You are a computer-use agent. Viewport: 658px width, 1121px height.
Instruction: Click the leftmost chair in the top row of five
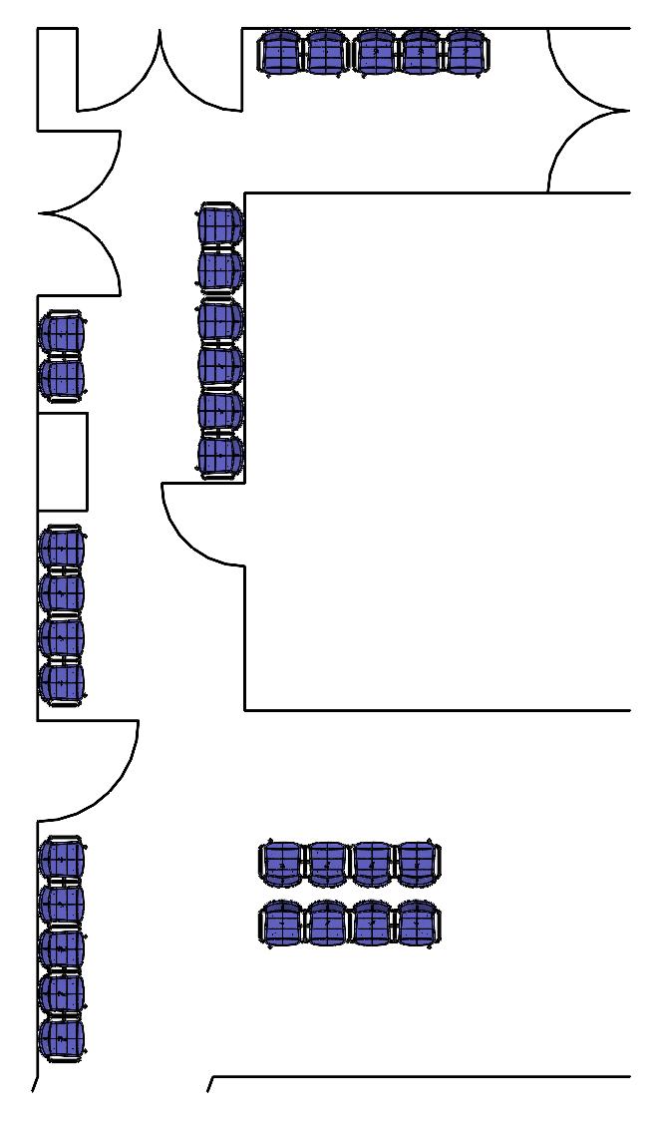pos(279,52)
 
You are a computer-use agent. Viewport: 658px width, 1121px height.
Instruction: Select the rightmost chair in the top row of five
pos(466,52)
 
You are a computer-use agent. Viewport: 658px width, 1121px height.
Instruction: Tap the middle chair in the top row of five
pos(375,52)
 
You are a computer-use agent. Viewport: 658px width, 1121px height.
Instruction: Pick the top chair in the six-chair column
pos(220,224)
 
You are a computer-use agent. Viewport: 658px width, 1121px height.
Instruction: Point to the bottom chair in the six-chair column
pos(220,456)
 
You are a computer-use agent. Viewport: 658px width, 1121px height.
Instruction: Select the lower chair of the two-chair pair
pos(62,377)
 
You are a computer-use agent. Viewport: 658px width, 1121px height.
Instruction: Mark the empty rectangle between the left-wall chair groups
pos(62,461)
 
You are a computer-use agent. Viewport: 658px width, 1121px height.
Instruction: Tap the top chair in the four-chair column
pos(62,548)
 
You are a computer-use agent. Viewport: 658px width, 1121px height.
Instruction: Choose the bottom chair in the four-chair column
pos(62,682)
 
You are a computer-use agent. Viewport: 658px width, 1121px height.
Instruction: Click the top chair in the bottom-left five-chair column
pos(62,859)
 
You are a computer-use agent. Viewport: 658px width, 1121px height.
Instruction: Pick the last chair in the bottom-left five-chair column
pos(62,1038)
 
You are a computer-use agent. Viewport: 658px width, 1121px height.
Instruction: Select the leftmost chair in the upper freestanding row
pos(282,864)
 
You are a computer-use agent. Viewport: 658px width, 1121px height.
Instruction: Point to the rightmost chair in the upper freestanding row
pos(418,864)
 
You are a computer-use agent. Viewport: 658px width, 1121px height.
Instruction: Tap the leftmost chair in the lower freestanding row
pos(282,924)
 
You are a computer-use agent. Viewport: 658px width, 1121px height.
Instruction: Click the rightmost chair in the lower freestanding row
pos(418,924)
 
